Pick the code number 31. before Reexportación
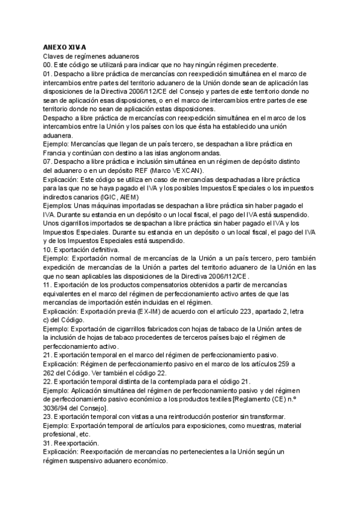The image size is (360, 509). coord(47,443)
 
